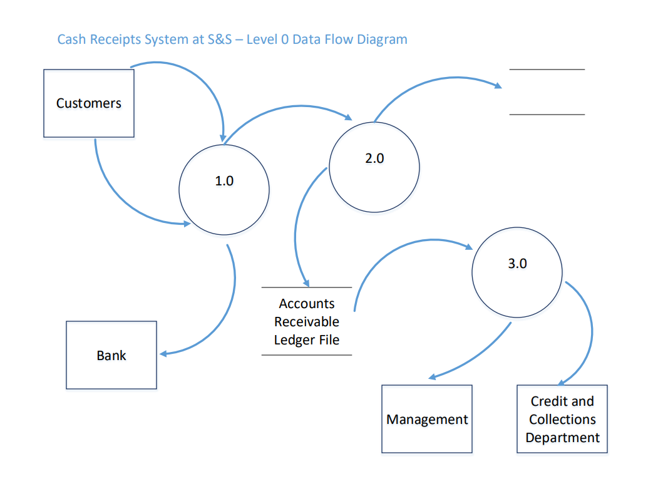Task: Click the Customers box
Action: [88, 103]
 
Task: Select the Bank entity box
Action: [111, 355]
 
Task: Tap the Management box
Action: [427, 419]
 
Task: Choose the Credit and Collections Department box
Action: [562, 419]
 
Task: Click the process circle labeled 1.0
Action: [224, 189]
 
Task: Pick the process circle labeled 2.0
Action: [374, 167]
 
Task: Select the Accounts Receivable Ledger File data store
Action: [307, 321]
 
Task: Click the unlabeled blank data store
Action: [547, 92]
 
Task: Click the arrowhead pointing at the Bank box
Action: [163, 354]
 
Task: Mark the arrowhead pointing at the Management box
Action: [431, 378]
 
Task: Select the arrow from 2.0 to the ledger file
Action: [297, 225]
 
